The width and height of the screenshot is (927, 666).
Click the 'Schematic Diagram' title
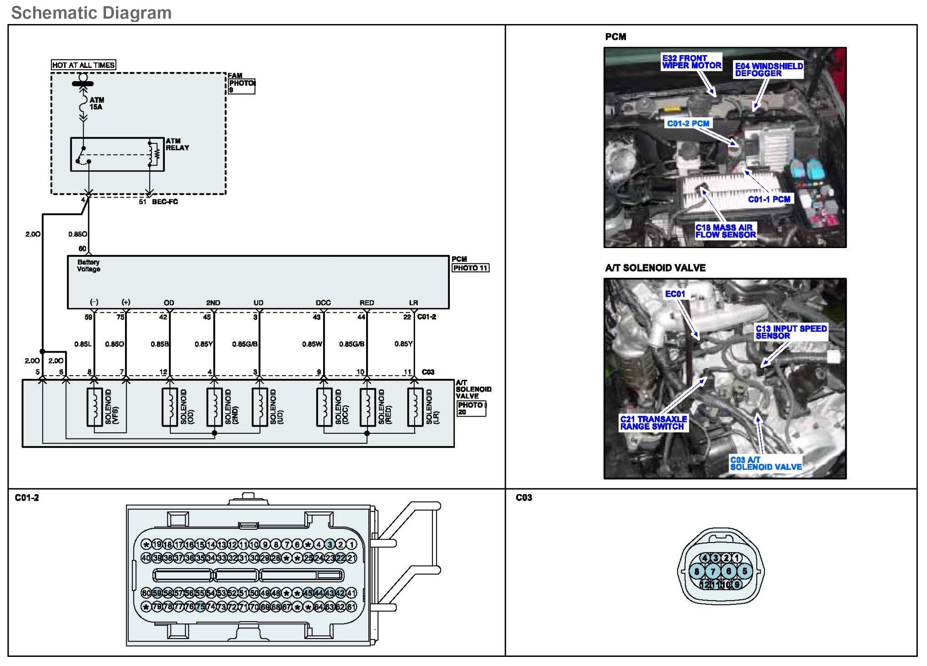(x=91, y=13)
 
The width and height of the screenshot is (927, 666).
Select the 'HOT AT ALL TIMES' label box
(x=83, y=65)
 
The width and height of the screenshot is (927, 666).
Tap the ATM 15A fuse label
(x=97, y=104)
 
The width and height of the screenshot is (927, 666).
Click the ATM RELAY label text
(x=177, y=144)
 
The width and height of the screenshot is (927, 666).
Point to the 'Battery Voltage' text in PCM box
(x=89, y=265)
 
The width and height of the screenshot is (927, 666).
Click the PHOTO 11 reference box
(x=470, y=268)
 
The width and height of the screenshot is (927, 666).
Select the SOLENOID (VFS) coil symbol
(x=94, y=407)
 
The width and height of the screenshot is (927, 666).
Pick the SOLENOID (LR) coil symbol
(x=415, y=407)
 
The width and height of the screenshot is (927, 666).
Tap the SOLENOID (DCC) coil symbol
(x=324, y=407)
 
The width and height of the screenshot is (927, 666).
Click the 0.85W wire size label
(x=312, y=344)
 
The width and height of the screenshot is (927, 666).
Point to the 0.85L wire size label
(x=83, y=344)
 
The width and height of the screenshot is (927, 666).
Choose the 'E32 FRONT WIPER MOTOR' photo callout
(x=691, y=62)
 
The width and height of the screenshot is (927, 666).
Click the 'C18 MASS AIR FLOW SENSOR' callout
(x=725, y=231)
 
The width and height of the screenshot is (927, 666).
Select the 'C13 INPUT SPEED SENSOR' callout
(x=791, y=332)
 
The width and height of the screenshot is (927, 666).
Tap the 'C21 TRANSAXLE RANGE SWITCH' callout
(x=653, y=422)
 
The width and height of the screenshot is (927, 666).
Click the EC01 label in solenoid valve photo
(x=675, y=294)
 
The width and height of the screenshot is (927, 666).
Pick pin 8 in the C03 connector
(x=697, y=572)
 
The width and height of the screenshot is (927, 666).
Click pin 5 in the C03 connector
(x=745, y=572)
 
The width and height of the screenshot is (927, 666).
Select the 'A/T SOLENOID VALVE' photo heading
(x=655, y=268)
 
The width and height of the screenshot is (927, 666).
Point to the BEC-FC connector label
(x=165, y=202)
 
